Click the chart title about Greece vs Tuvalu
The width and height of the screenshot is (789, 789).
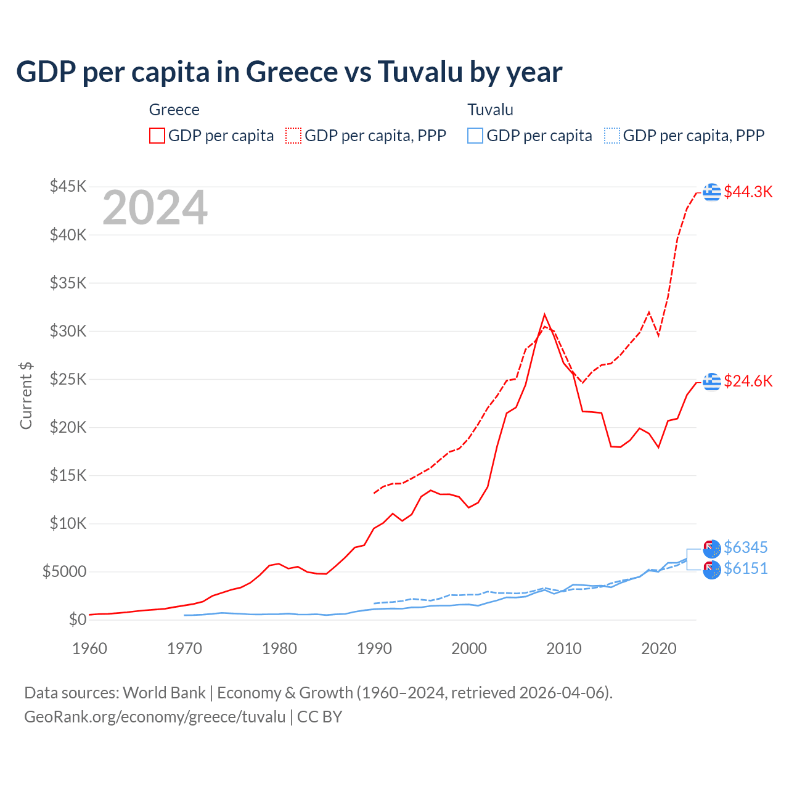(x=288, y=72)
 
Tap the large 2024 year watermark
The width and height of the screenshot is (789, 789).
(x=155, y=208)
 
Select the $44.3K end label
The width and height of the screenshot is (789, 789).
(x=748, y=192)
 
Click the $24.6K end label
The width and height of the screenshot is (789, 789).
(x=748, y=381)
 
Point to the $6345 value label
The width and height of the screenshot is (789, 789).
(x=745, y=547)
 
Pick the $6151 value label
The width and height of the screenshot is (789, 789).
(x=745, y=568)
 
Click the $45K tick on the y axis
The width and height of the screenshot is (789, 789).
(x=68, y=186)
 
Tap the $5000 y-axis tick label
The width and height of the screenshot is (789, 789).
(x=64, y=571)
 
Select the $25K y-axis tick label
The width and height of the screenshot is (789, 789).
(x=68, y=379)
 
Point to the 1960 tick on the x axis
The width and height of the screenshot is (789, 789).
(x=89, y=648)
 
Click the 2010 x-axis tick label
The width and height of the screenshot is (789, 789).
(x=564, y=648)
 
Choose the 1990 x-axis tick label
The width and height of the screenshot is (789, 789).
(x=374, y=648)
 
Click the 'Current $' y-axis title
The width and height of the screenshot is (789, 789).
(x=26, y=396)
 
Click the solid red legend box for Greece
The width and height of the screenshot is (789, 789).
(x=157, y=136)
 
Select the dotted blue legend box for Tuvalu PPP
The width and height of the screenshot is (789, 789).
(x=611, y=136)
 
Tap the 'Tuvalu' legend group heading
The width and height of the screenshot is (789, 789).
(x=490, y=110)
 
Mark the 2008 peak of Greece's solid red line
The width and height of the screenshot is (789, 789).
(x=544, y=314)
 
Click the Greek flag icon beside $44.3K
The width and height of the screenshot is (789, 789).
(x=712, y=192)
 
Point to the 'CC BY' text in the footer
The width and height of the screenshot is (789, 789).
(x=319, y=717)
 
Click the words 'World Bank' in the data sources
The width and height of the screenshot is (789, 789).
(x=164, y=693)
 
